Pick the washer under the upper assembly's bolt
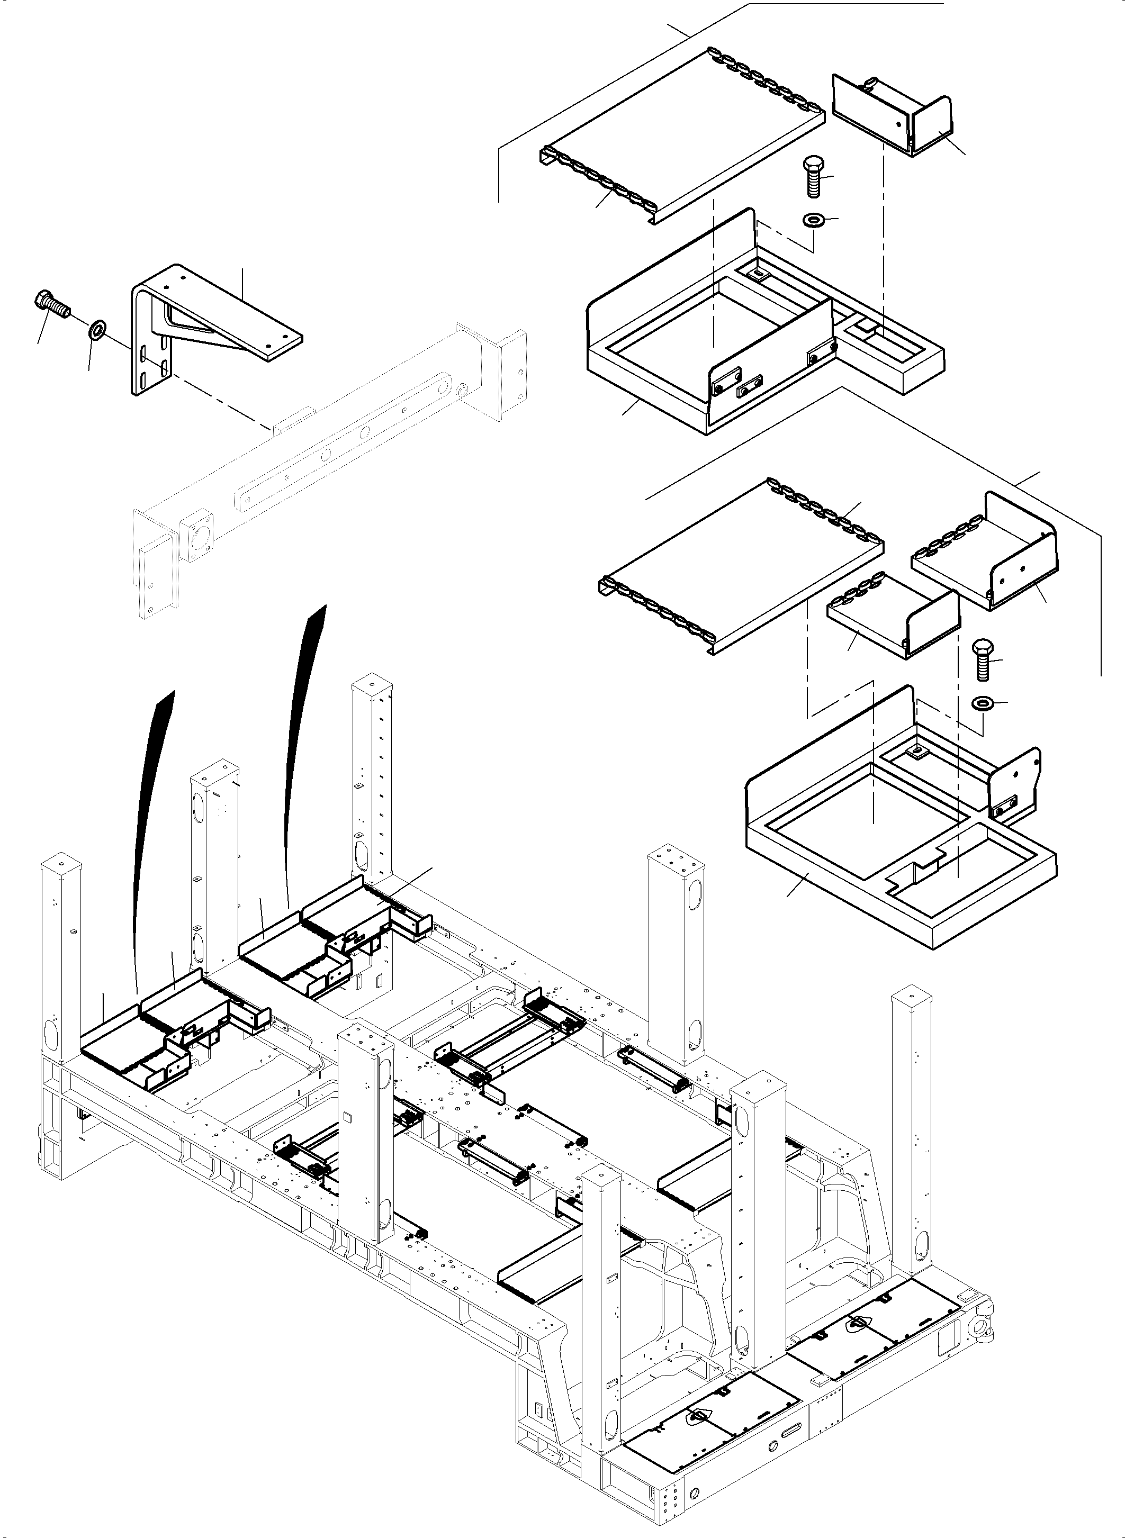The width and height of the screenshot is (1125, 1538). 813,221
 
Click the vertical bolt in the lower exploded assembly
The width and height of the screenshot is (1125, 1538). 983,658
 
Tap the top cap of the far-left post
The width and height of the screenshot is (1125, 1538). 62,864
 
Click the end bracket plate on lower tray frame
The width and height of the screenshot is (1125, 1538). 1015,780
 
